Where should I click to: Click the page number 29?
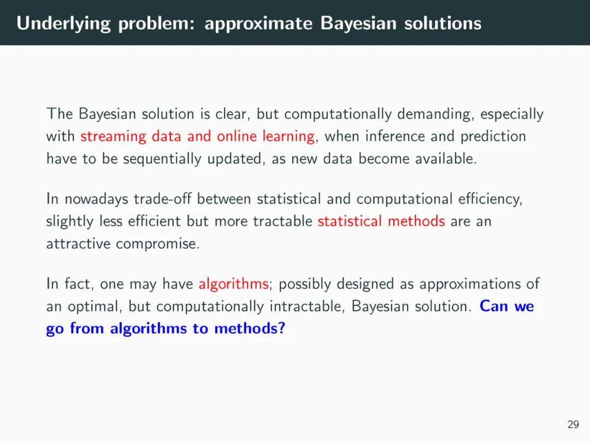point(573,424)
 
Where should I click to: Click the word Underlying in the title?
point(63,24)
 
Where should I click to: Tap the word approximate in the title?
point(258,24)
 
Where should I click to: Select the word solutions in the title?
point(443,23)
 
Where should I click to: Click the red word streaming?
point(113,136)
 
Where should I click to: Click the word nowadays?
point(96,199)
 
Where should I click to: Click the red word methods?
point(416,221)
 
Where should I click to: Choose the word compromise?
point(157,244)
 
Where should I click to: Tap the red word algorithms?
point(233,284)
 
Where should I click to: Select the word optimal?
point(95,307)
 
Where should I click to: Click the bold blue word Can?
point(494,306)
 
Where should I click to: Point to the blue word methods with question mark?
point(250,328)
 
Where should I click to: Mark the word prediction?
point(493,136)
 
